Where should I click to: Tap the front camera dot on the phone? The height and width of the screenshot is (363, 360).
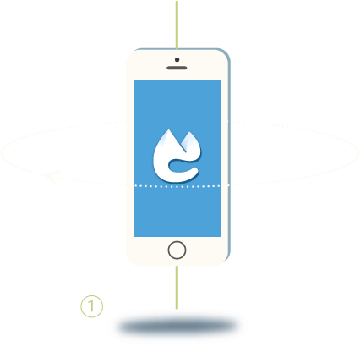pyautogui.click(x=177, y=60)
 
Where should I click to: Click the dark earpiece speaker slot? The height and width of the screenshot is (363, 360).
pyautogui.click(x=177, y=68)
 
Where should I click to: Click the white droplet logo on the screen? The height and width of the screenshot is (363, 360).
pyautogui.click(x=177, y=156)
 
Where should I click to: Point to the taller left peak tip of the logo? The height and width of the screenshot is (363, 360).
pyautogui.click(x=169, y=129)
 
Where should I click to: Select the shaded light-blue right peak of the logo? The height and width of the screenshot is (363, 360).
pyautogui.click(x=188, y=142)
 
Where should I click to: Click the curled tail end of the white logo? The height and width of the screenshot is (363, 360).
pyautogui.click(x=196, y=169)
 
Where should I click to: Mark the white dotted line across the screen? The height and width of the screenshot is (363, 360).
pyautogui.click(x=177, y=186)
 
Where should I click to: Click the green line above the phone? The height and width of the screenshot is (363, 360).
pyautogui.click(x=177, y=25)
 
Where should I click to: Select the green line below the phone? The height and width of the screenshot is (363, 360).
pyautogui.click(x=177, y=288)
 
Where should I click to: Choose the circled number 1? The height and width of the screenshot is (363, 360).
pyautogui.click(x=92, y=306)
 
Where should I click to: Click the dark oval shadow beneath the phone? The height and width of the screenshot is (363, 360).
pyautogui.click(x=177, y=327)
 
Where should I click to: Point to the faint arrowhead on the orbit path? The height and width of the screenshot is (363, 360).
pyautogui.click(x=52, y=178)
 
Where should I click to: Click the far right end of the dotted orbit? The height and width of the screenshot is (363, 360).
pyautogui.click(x=358, y=153)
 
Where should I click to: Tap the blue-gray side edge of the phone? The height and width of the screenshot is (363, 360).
pyautogui.click(x=229, y=155)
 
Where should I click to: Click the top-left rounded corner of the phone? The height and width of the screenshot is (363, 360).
pyautogui.click(x=130, y=54)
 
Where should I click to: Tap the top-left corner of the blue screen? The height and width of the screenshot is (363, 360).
pyautogui.click(x=134, y=81)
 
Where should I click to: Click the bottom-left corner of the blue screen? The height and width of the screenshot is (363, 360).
pyautogui.click(x=134, y=236)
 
